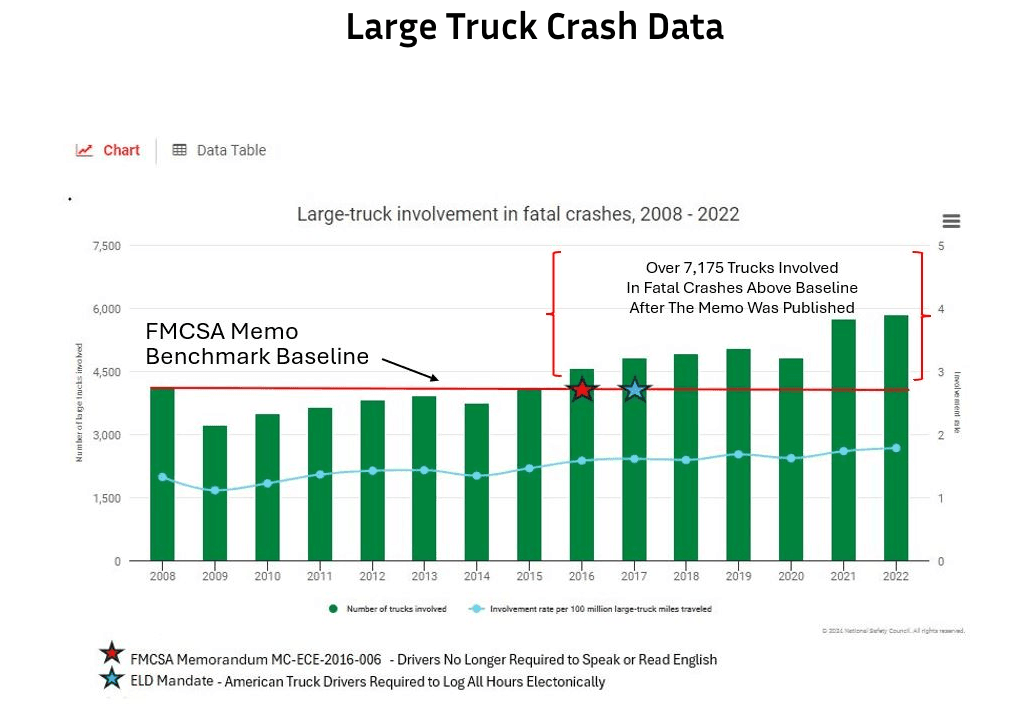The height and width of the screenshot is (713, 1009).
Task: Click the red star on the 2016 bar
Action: click(x=582, y=390)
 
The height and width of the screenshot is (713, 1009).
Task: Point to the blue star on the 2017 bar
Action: click(x=634, y=390)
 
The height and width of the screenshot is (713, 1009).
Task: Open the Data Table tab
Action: click(x=219, y=150)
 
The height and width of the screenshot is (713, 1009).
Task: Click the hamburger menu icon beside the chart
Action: click(x=951, y=221)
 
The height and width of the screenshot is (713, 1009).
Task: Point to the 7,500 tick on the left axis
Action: click(x=106, y=246)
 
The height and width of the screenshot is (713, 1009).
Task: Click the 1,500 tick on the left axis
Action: click(x=106, y=498)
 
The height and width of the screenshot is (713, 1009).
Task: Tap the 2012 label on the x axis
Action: click(x=372, y=577)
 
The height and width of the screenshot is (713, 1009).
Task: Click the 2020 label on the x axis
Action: click(x=791, y=577)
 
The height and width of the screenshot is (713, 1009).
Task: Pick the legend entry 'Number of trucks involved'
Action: click(x=389, y=608)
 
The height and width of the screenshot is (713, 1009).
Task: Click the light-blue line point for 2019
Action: click(x=738, y=454)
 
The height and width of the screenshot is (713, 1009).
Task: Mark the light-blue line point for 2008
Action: click(x=163, y=477)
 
